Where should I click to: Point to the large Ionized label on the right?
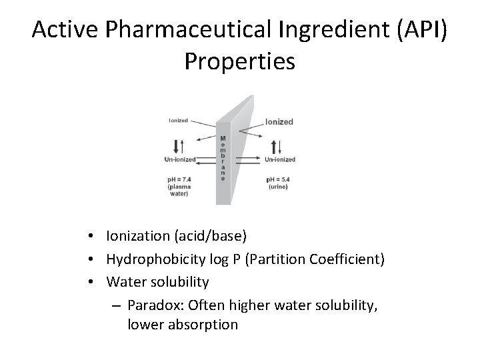pyautogui.click(x=279, y=122)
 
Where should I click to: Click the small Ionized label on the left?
pyautogui.click(x=178, y=121)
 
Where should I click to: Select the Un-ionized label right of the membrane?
pyautogui.click(x=280, y=159)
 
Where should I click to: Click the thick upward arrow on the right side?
pyautogui.click(x=275, y=145)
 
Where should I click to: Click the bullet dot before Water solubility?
pyautogui.click(x=97, y=282)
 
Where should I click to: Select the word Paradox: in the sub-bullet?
pyautogui.click(x=155, y=303)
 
